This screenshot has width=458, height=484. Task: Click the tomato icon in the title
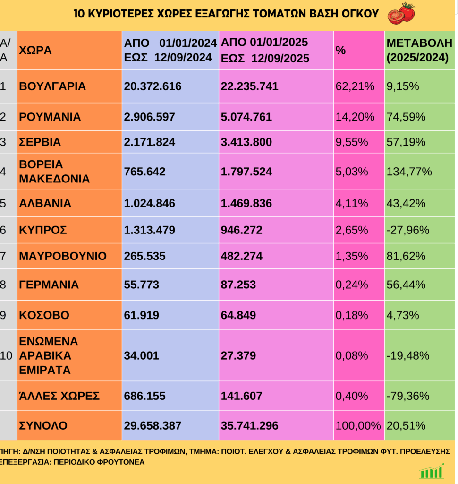pyautogui.click(x=401, y=13)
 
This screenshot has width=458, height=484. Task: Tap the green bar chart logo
pyautogui.click(x=432, y=471)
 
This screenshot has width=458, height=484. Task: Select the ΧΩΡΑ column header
pyautogui.click(x=35, y=50)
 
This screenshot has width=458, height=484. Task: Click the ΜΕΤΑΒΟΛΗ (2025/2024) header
pyautogui.click(x=419, y=50)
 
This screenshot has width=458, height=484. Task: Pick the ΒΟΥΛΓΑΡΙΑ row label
pyautogui.click(x=52, y=86)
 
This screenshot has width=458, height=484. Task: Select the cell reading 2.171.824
pyautogui.click(x=149, y=142)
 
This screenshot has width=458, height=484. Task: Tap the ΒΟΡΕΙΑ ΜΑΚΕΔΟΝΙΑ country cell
pyautogui.click(x=54, y=172)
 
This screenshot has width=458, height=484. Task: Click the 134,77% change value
pyautogui.click(x=409, y=172)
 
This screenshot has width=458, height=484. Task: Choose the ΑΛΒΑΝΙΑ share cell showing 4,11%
pyautogui.click(x=351, y=204)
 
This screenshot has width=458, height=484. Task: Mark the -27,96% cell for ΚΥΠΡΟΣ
pyautogui.click(x=408, y=230)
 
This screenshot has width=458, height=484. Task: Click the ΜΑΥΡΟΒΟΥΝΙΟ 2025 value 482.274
pyautogui.click(x=245, y=256)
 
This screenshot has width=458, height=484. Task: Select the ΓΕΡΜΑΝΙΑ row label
pyautogui.click(x=49, y=285)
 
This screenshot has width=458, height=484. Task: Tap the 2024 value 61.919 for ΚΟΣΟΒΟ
pyautogui.click(x=142, y=315)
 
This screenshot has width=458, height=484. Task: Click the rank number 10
pyautogui.click(x=7, y=355)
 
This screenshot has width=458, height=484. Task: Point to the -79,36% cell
pyautogui.click(x=408, y=396)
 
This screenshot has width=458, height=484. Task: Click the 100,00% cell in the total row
pyautogui.click(x=358, y=426)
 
